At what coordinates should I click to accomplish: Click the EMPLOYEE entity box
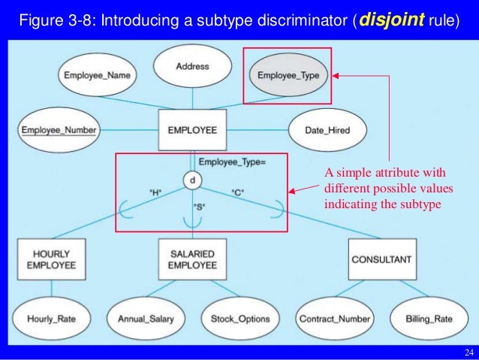(192, 130)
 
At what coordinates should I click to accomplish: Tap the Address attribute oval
(192, 67)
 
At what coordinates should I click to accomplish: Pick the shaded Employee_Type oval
(288, 75)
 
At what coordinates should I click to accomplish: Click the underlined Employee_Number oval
(59, 130)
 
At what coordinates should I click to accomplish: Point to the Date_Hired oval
(327, 130)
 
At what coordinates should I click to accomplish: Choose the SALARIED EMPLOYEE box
(192, 259)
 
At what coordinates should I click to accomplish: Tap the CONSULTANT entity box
(381, 259)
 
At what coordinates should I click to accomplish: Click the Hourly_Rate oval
(52, 319)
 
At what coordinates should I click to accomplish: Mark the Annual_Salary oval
(146, 319)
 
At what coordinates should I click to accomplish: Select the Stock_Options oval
(239, 319)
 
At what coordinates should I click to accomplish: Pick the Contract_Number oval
(334, 319)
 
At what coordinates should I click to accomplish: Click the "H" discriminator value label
(156, 192)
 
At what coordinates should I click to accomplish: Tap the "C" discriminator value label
(237, 192)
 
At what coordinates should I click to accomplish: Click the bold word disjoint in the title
(392, 20)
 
